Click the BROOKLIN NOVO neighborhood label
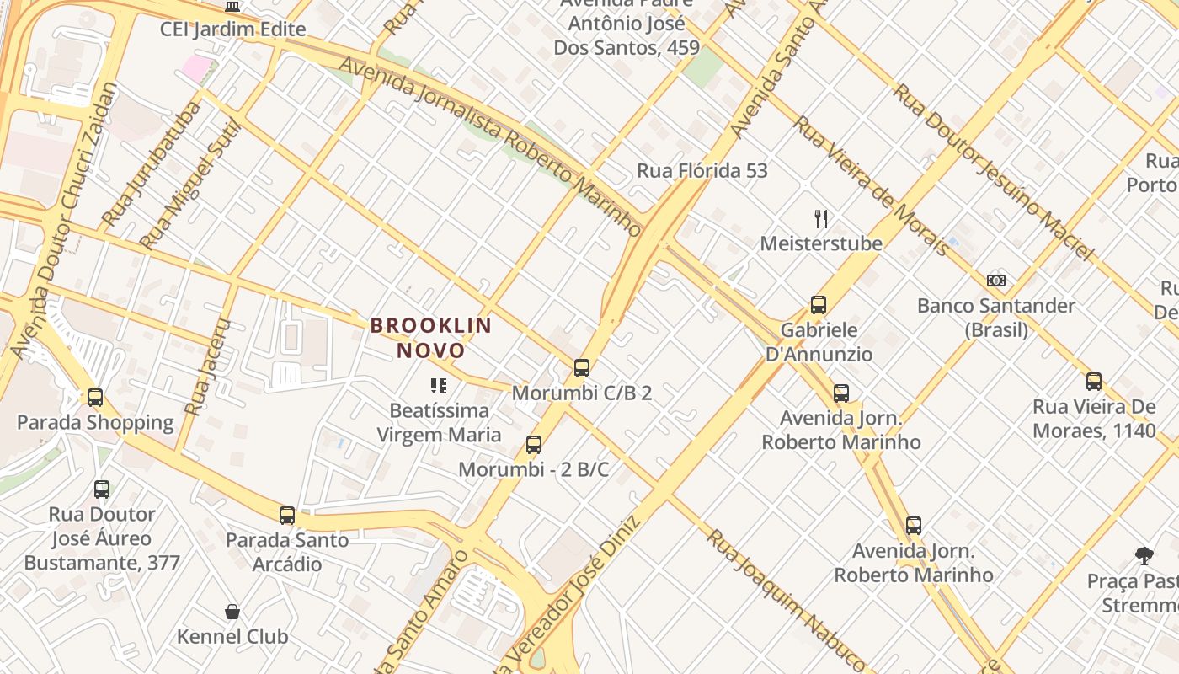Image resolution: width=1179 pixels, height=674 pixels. tap(430, 337)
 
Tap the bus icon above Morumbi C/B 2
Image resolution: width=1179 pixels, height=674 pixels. tap(581, 367)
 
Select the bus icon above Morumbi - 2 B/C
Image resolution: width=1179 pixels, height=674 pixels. tap(533, 444)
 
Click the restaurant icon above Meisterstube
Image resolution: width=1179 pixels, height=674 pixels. tap(821, 219)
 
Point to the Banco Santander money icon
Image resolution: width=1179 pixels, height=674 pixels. tap(996, 281)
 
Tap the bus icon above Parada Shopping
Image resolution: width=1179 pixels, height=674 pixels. tap(95, 397)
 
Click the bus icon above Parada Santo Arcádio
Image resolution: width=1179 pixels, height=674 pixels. tap(287, 515)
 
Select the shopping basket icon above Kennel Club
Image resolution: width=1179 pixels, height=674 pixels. tap(232, 611)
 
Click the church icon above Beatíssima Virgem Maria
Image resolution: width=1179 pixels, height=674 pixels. tap(438, 386)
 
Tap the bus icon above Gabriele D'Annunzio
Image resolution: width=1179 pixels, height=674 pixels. tap(819, 304)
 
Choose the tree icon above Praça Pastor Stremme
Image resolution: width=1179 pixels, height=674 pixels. tap(1144, 555)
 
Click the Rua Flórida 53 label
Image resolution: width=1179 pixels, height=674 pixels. tap(702, 171)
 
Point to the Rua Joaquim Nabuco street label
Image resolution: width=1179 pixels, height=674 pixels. tap(785, 601)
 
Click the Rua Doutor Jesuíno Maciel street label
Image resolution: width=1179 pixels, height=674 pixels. tap(994, 171)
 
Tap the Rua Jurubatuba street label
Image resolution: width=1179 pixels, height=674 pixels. tap(152, 165)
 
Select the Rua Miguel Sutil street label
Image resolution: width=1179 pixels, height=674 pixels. tap(190, 185)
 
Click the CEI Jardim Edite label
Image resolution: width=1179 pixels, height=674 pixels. tap(233, 29)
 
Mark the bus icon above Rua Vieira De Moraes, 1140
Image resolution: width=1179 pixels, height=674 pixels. tap(1094, 381)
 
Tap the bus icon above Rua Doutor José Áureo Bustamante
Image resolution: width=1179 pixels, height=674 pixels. tap(102, 489)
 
